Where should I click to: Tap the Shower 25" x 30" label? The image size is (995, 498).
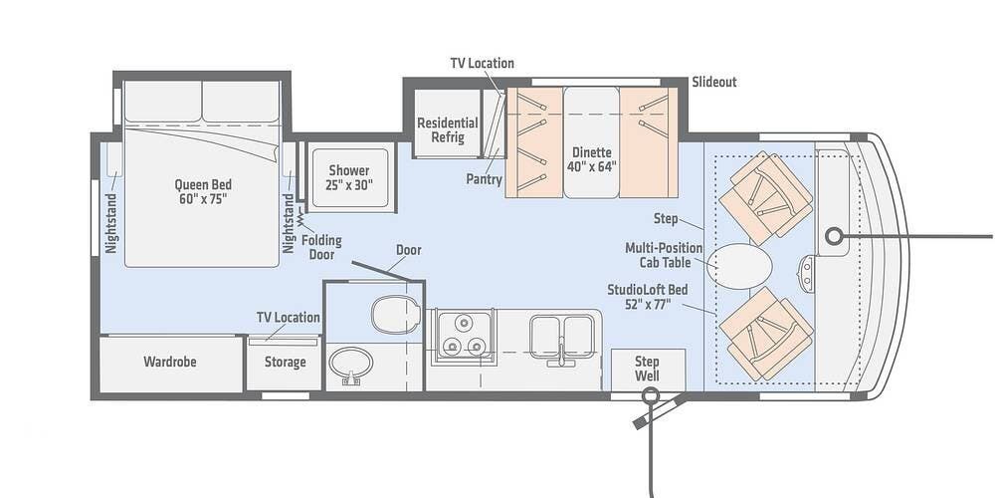[x=349, y=178]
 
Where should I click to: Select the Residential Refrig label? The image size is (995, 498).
[x=448, y=129]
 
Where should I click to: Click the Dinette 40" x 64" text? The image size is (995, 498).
[x=591, y=159]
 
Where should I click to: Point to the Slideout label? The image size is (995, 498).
[x=714, y=82]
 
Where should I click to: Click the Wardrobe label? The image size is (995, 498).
[x=169, y=363]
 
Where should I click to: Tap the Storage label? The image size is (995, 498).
[x=285, y=363]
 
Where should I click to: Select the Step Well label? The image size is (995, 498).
[x=648, y=369]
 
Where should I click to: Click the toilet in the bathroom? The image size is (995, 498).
[x=395, y=314]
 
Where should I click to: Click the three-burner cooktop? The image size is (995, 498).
[x=464, y=338]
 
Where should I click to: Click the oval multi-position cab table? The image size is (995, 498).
[x=739, y=266]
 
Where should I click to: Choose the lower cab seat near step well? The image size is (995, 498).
[x=766, y=334]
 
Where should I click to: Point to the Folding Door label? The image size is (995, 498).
[x=321, y=248]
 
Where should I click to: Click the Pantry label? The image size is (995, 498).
[x=485, y=179]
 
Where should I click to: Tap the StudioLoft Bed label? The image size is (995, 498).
[x=648, y=297]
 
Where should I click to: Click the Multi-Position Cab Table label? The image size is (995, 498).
[x=664, y=255]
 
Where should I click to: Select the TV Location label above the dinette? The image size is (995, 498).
[x=483, y=63]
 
